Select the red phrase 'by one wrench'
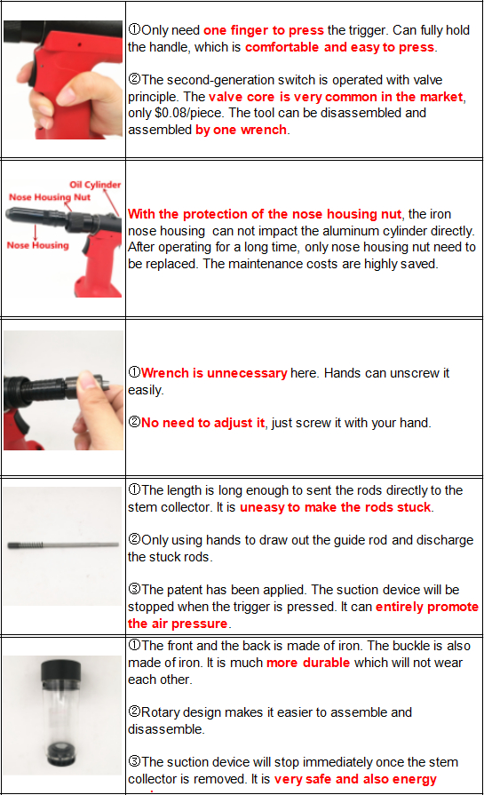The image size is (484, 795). point(242,130)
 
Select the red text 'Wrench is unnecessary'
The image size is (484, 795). point(213,373)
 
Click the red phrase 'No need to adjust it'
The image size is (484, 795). point(202,423)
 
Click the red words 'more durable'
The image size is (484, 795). point(308,663)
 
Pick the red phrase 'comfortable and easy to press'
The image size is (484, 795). point(339,46)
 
